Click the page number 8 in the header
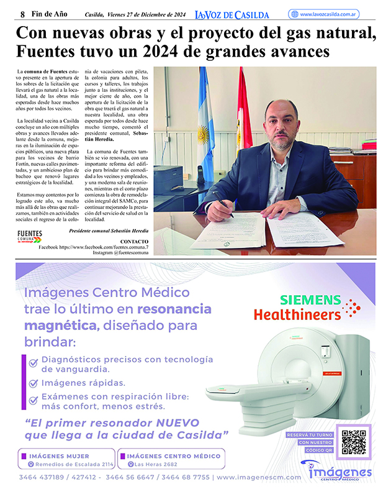pyautogui.click(x=23, y=14)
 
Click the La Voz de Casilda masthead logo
pyautogui.click(x=232, y=14)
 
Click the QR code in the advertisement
pyautogui.click(x=353, y=442)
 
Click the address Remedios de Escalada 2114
pyautogui.click(x=74, y=464)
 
